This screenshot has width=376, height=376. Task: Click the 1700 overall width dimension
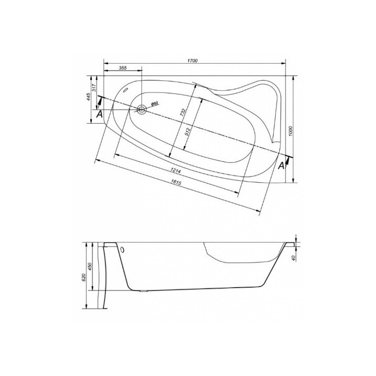click(x=192, y=61)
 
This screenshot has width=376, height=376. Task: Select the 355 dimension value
click(x=123, y=68)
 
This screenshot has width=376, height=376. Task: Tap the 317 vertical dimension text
click(x=94, y=88)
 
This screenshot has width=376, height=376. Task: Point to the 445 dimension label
click(x=88, y=97)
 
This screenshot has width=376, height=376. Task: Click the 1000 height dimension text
click(x=291, y=131)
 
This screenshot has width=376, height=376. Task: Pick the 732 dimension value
click(x=183, y=112)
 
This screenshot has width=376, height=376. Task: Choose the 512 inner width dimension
click(x=187, y=132)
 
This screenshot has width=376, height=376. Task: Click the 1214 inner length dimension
click(x=175, y=171)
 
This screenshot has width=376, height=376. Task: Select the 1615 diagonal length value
click(x=177, y=182)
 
